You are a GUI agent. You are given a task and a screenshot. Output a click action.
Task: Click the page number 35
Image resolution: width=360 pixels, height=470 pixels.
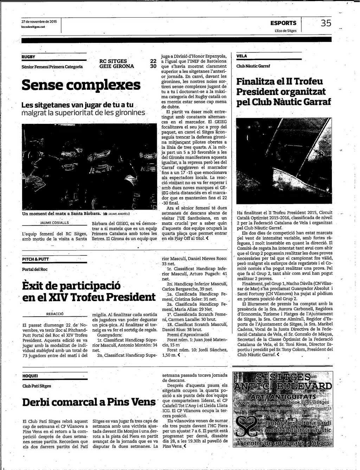pos(326,23)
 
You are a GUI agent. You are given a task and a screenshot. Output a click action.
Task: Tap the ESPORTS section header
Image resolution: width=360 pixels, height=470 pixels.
pos(283,23)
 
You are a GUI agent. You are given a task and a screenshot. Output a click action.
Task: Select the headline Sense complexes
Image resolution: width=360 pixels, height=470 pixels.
pos(81,85)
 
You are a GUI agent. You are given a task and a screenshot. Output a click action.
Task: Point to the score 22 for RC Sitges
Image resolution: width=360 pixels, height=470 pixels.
pos(153,61)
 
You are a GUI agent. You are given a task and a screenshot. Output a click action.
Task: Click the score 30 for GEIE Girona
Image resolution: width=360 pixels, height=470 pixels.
pos(153,66)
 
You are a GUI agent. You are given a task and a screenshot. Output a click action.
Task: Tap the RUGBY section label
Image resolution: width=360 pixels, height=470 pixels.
pos(28,57)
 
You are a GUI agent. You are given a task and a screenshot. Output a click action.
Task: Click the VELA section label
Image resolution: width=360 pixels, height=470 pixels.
pos(242,56)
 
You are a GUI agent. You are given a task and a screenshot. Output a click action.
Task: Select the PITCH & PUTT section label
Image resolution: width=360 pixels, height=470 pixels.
pos(36,259)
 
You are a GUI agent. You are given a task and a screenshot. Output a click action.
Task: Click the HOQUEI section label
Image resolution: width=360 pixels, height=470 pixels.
pos(30,376)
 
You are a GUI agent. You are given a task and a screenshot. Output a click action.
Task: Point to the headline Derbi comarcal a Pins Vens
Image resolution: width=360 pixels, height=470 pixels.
pos(89,402)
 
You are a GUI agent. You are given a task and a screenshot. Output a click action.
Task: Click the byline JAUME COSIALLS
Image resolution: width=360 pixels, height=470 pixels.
pos(54,223)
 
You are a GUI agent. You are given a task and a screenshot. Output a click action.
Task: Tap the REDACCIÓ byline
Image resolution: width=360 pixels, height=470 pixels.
pos(54,314)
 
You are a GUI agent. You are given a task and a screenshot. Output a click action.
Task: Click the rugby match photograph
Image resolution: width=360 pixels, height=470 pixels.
pos(89,166)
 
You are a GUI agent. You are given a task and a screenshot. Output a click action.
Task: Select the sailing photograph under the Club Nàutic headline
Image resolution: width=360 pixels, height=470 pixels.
pos(284,161)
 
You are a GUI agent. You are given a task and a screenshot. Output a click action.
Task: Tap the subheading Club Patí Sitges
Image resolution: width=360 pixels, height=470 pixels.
pos(37,386)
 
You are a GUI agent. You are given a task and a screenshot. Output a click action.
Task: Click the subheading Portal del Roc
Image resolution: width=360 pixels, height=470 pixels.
pos(35,269)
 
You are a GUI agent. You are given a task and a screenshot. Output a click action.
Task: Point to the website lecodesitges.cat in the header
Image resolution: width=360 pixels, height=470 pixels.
pos(33,27)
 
